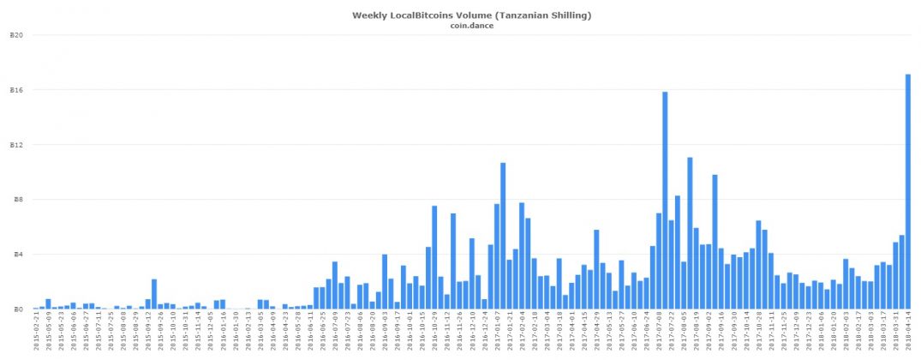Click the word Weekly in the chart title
(371, 15)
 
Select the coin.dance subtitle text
(471, 26)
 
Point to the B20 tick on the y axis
(15, 35)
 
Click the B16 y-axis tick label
(15, 90)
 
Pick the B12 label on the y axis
(15, 145)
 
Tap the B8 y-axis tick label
(17, 200)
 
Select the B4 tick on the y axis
(17, 255)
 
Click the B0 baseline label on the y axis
(17, 309)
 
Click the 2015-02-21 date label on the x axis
(36, 333)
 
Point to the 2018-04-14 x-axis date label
(908, 333)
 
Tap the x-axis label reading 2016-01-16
(223, 333)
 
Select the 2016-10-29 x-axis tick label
(434, 333)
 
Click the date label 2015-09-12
(148, 333)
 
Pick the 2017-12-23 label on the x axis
(809, 333)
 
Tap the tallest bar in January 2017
(503, 236)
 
